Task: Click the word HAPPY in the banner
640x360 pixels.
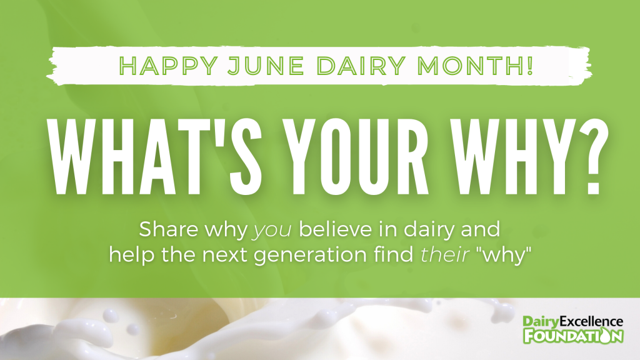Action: coord(168,65)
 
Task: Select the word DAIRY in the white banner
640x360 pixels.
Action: coord(361,65)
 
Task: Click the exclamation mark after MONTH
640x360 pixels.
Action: coord(530,65)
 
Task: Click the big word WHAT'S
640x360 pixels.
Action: coord(154,156)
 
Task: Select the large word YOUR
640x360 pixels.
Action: coord(356,156)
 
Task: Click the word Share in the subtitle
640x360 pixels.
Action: coord(169,229)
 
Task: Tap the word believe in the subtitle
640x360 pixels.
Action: coord(336,229)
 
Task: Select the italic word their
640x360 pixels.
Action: coord(444,254)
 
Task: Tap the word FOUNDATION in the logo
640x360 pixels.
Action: coord(574,336)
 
